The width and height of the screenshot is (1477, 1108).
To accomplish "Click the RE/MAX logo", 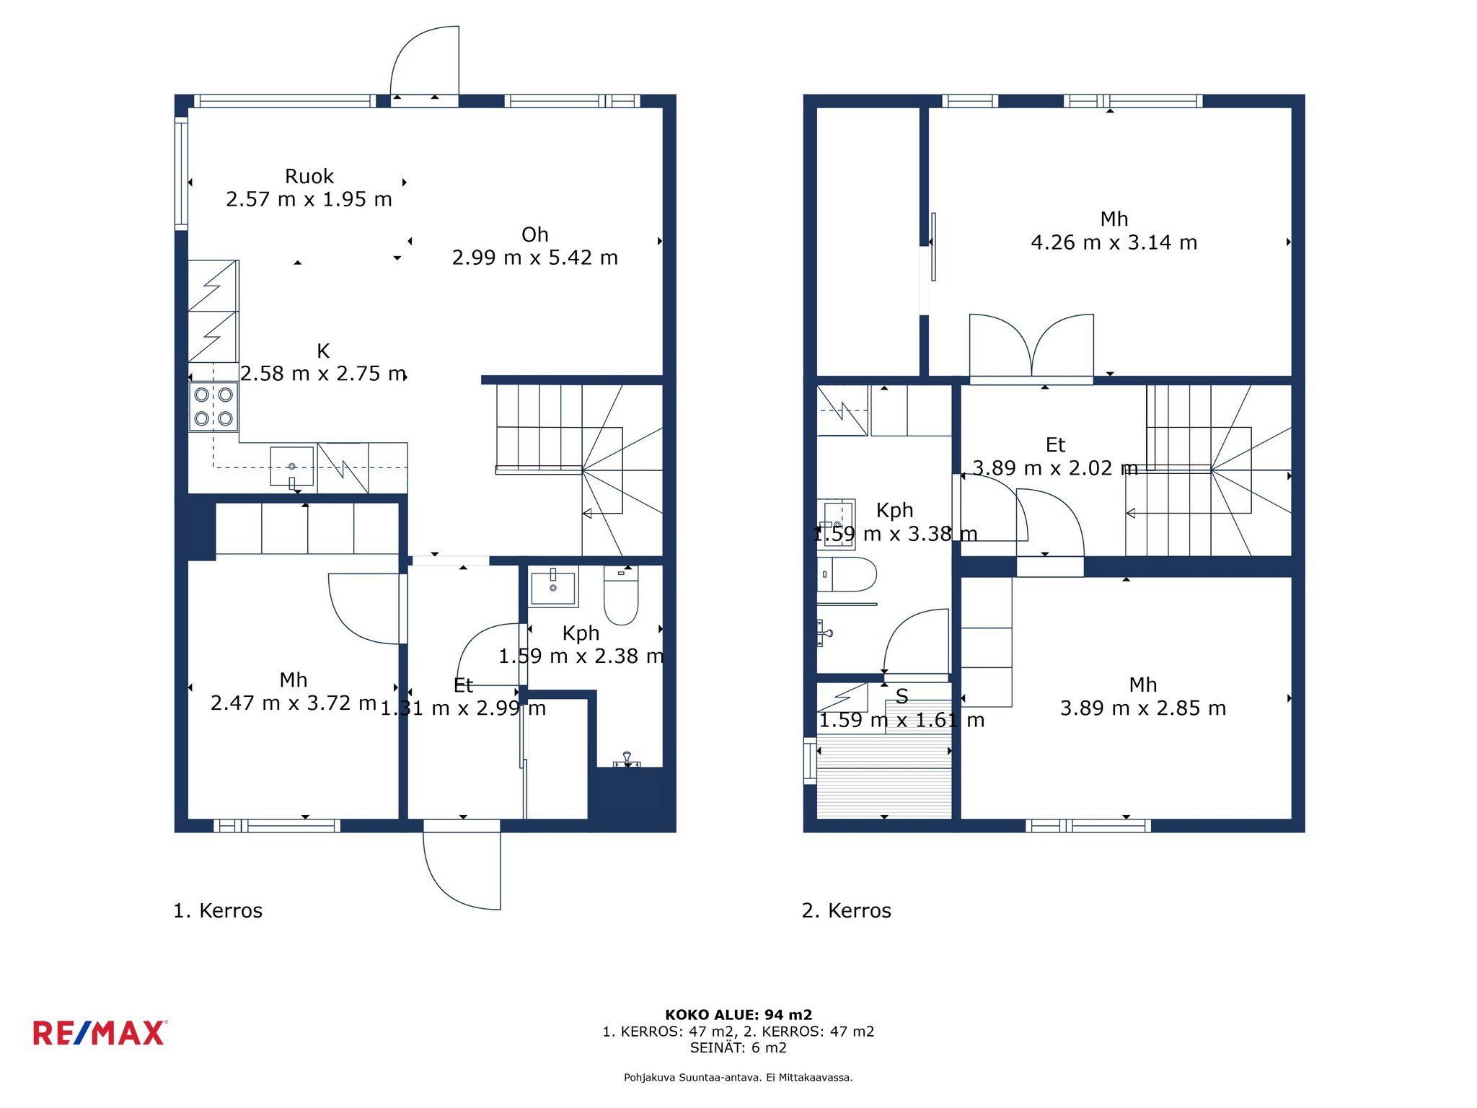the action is (100, 1033).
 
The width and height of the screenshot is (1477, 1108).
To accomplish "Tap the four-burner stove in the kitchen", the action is (213, 407).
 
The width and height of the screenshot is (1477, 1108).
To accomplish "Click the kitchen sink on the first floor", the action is (292, 466).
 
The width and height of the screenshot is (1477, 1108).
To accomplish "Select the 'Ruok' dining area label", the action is (309, 177).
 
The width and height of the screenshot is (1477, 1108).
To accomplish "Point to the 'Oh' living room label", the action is (535, 235).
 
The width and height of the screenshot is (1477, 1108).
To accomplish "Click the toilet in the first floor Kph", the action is (621, 595).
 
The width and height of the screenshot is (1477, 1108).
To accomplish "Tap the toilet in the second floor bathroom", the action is (847, 574).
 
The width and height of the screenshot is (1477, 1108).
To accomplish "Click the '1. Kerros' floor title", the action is (218, 910).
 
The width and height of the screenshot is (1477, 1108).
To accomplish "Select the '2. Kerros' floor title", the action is (847, 910).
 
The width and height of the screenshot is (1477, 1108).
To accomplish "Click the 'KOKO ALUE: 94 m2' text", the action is (738, 1015).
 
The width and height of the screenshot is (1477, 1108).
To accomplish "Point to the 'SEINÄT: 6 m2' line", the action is (738, 1047).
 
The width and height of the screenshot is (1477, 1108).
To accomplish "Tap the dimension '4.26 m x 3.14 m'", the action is (1114, 242).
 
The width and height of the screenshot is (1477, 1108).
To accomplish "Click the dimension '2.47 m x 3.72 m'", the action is (294, 703).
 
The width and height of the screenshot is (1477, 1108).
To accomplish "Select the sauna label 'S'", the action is (901, 696).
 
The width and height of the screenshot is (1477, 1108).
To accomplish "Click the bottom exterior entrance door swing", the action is (462, 871).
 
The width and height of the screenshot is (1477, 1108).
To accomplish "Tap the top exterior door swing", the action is (425, 61).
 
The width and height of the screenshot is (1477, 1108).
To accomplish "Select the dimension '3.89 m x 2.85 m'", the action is (1143, 708).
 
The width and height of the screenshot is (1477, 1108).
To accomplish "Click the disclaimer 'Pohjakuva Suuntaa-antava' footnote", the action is (738, 1078).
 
